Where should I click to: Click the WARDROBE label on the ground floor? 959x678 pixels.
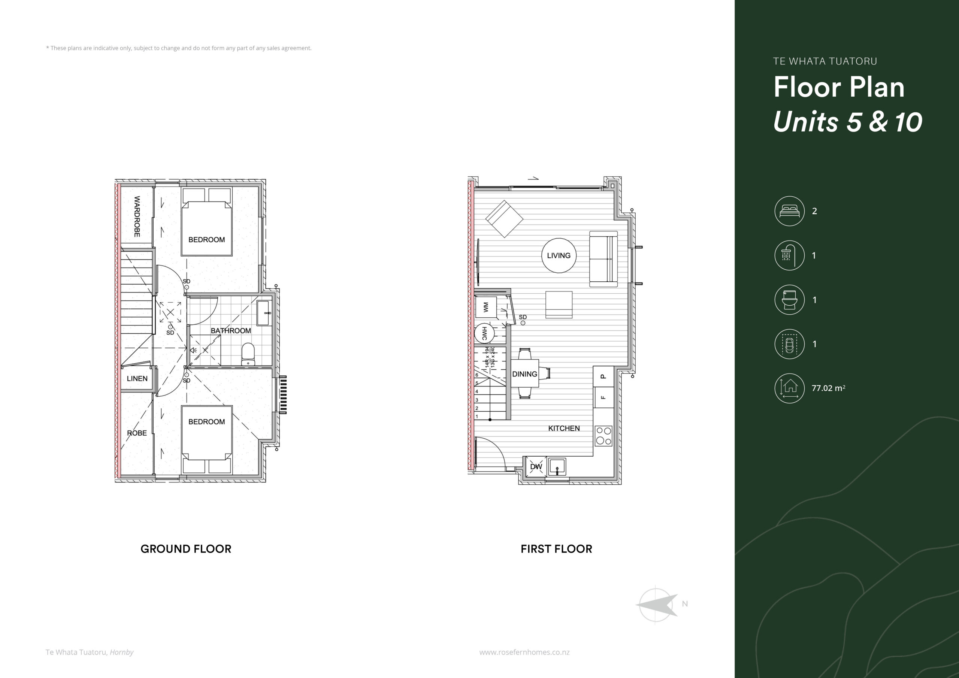[137, 217]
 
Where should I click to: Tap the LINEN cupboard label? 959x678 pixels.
[137, 378]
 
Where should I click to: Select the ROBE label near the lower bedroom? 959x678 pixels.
[137, 433]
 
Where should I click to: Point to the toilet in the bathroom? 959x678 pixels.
[248, 355]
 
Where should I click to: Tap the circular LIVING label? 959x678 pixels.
[559, 255]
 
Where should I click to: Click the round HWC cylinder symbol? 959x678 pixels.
[484, 333]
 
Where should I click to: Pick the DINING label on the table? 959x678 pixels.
[524, 374]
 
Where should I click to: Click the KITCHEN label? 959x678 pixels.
[564, 428]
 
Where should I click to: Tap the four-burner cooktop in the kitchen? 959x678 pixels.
[603, 436]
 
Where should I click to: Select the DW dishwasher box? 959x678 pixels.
[536, 467]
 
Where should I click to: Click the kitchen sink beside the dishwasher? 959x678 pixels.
[557, 467]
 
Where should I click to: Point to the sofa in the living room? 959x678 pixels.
[603, 259]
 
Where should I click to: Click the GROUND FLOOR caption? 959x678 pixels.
[186, 549]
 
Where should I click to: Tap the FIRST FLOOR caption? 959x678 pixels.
[556, 549]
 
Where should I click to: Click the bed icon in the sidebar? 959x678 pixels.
[789, 211]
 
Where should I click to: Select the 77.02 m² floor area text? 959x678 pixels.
[828, 388]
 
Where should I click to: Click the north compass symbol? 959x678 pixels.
[657, 604]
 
